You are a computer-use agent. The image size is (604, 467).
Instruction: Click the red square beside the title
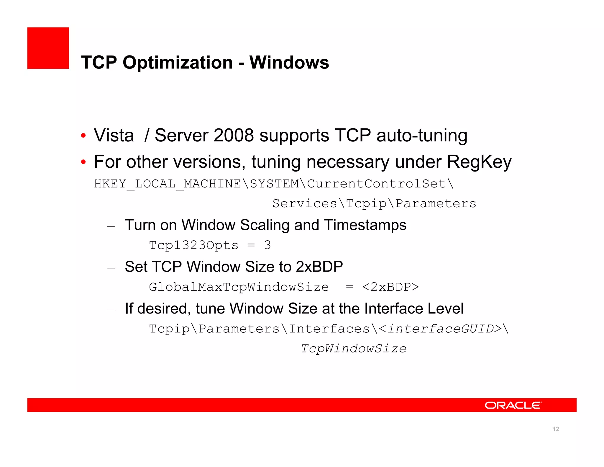click(x=48, y=48)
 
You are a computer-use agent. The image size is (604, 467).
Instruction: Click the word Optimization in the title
click(x=178, y=63)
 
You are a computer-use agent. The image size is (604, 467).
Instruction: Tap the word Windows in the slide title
click(x=289, y=63)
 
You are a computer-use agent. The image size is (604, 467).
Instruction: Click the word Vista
click(x=114, y=135)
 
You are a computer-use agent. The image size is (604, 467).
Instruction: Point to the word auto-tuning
click(x=422, y=135)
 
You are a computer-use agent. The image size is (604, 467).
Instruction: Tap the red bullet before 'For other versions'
click(x=83, y=162)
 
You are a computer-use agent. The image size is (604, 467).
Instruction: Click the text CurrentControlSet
click(x=376, y=184)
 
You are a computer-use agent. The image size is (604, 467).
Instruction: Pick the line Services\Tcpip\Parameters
click(x=374, y=204)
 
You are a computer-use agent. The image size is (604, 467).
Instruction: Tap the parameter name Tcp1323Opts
click(x=193, y=245)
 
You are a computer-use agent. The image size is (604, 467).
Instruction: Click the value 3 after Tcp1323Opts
click(x=267, y=245)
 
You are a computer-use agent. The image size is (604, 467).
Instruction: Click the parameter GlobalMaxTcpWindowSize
click(x=239, y=287)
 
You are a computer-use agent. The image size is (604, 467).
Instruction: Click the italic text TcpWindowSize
click(x=353, y=349)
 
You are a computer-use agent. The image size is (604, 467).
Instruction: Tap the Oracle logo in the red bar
click(x=513, y=405)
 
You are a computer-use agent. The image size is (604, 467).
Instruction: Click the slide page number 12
click(x=556, y=429)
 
